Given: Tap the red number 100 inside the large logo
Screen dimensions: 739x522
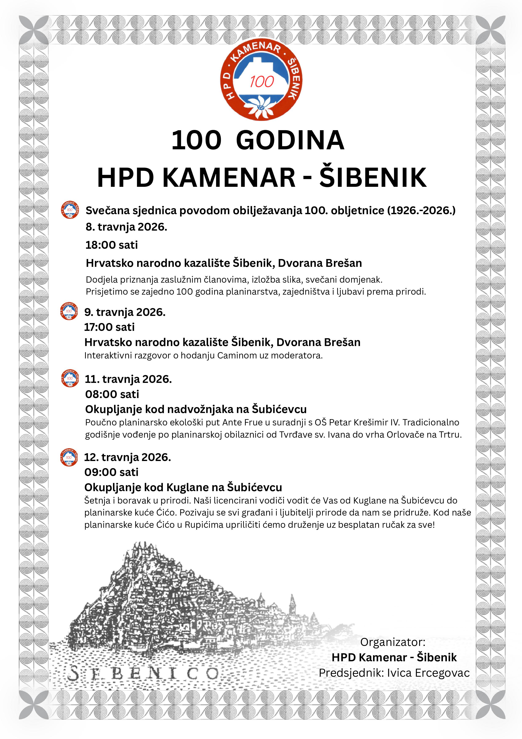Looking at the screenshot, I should (x=262, y=82).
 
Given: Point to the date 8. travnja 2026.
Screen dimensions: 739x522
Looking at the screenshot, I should (x=126, y=227).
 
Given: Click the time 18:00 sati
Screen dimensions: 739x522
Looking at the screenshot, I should (x=112, y=245).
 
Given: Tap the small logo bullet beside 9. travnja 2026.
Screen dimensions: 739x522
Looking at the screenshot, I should (x=69, y=311).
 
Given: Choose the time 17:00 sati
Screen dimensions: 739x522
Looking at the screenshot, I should (x=109, y=327).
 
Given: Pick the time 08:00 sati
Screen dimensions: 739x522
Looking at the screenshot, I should (x=112, y=394).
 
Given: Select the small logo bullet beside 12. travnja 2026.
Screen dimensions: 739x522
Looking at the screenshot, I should (x=69, y=457).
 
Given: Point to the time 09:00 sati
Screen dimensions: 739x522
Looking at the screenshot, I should (x=111, y=472).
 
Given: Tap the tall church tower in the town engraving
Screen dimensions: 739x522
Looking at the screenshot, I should (x=292, y=604).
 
